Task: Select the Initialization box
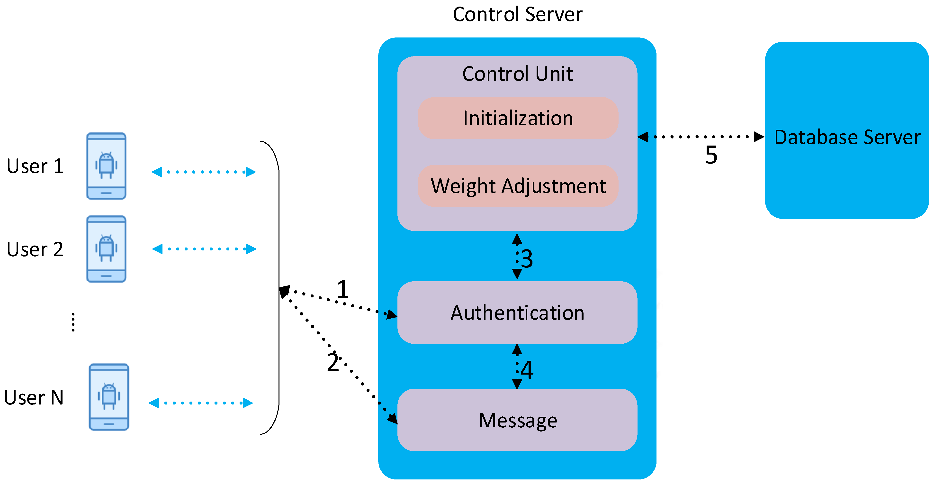click(x=518, y=118)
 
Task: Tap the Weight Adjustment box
click(x=518, y=186)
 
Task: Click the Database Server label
click(x=847, y=137)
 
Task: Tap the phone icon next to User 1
click(x=106, y=166)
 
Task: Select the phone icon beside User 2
click(x=106, y=249)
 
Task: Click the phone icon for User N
click(x=109, y=397)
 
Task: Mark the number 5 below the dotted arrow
click(x=711, y=155)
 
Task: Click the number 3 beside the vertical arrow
click(x=527, y=259)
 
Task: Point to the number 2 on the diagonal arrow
click(x=333, y=362)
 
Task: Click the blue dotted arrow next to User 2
click(x=204, y=249)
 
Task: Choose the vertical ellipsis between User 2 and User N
click(x=73, y=322)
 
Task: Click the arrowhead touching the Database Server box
click(x=759, y=137)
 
